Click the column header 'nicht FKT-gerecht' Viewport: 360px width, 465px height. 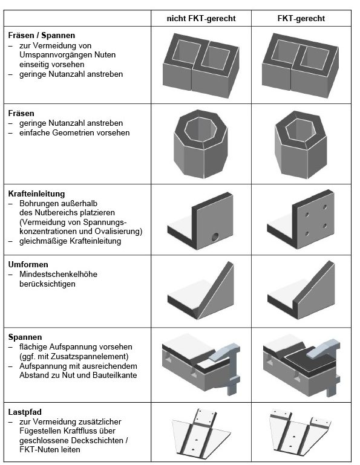pyautogui.click(x=201, y=18)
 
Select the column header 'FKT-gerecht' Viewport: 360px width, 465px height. pyautogui.click(x=301, y=18)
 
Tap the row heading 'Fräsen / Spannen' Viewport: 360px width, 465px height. pyautogui.click(x=42, y=36)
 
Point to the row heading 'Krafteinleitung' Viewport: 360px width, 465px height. pyautogui.click(x=36, y=193)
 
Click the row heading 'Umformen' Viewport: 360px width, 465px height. pyautogui.click(x=28, y=264)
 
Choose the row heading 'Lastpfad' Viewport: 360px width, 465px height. pyautogui.click(x=25, y=412)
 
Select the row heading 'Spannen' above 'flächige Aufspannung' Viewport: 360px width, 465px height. pyautogui.click(x=25, y=337)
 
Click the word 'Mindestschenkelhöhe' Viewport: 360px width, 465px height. pyautogui.click(x=58, y=274)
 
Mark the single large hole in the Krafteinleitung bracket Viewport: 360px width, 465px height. pyautogui.click(x=215, y=236)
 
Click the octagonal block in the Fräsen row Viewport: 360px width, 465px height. pyautogui.click(x=200, y=144)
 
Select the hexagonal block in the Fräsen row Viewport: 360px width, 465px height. pyautogui.click(x=301, y=145)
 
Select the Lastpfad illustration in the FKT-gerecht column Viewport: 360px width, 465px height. pyautogui.click(x=300, y=432)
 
